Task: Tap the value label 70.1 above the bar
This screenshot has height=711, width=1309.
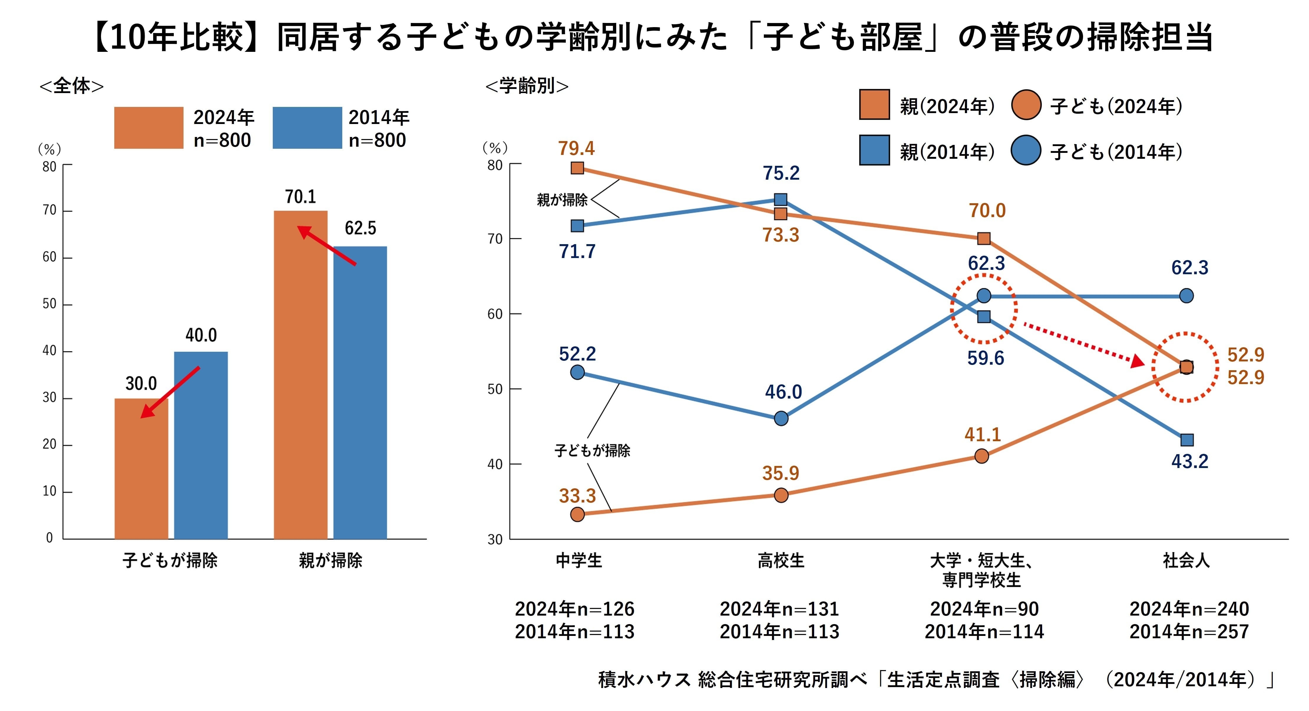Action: (300, 197)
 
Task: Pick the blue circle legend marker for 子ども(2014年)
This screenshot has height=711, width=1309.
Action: (1026, 151)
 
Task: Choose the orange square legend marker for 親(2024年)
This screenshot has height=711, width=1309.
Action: (874, 105)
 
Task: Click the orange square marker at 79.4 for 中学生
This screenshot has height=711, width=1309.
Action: (577, 168)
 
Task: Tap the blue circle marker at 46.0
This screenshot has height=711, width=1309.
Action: (781, 418)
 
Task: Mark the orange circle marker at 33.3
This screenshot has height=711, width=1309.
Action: (577, 514)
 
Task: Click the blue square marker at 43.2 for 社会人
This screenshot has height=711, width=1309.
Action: (1186, 440)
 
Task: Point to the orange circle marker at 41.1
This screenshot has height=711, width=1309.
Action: (982, 456)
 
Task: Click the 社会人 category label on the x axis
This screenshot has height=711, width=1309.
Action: (1186, 560)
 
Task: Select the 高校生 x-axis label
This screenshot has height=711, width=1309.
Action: (781, 560)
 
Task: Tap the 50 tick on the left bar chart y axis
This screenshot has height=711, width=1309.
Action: (50, 304)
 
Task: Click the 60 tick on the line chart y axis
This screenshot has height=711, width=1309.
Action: (495, 314)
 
